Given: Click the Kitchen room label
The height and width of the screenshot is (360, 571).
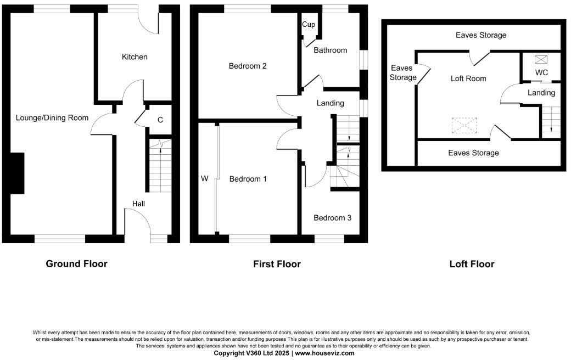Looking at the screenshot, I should [x=135, y=57].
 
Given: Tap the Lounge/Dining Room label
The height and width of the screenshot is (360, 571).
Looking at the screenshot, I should [x=52, y=117].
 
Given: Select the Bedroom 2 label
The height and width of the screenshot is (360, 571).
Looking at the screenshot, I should [x=248, y=66].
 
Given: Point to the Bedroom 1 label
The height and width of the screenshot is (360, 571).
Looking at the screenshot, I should [x=248, y=179].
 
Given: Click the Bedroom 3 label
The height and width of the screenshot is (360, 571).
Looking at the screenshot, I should [x=332, y=218].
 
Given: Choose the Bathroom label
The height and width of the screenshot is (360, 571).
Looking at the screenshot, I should [x=330, y=50].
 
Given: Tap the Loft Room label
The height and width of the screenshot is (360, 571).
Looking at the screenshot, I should [x=468, y=78].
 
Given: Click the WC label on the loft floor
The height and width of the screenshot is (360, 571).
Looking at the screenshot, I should [x=541, y=72].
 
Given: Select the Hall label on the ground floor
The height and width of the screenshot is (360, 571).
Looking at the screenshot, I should [x=138, y=204].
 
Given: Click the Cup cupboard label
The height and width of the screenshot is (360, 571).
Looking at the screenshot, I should [x=308, y=25].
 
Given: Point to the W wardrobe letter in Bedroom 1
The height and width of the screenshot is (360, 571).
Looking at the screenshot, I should [x=205, y=178].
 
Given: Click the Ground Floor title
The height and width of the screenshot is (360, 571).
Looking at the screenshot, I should [x=76, y=264].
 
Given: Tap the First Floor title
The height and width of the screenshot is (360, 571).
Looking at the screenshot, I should [x=277, y=265].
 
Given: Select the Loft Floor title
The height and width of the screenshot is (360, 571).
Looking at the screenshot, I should [x=472, y=265].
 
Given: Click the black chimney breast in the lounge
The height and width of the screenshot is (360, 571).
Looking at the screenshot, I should [x=16, y=173].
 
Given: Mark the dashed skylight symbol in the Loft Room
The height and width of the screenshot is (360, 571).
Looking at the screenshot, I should [x=464, y=126].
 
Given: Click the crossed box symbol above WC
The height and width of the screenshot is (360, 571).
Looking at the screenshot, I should [x=541, y=59].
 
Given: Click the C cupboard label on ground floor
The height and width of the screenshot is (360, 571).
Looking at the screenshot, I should [x=160, y=120].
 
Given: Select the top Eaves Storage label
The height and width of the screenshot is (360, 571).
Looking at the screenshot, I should [x=481, y=35].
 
